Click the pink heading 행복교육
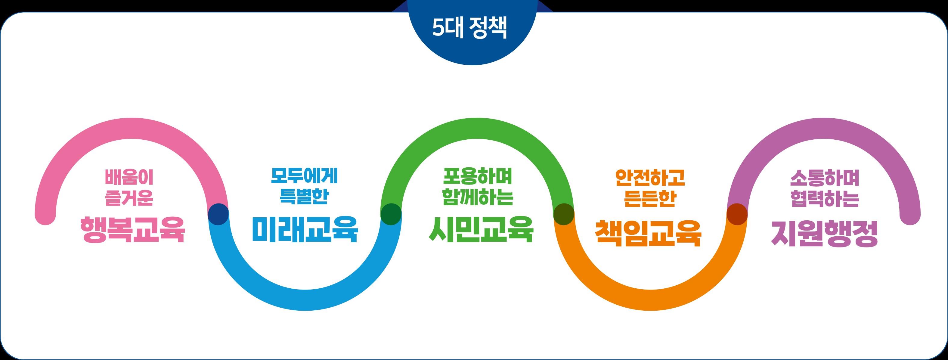click(132, 230)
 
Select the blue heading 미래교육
click(305, 229)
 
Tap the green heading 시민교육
click(481, 229)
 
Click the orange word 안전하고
click(650, 178)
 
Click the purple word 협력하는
click(825, 200)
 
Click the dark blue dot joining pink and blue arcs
click(218, 213)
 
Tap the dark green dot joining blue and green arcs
click(391, 213)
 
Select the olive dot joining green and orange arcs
click(564, 213)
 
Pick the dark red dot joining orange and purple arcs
click(737, 213)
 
